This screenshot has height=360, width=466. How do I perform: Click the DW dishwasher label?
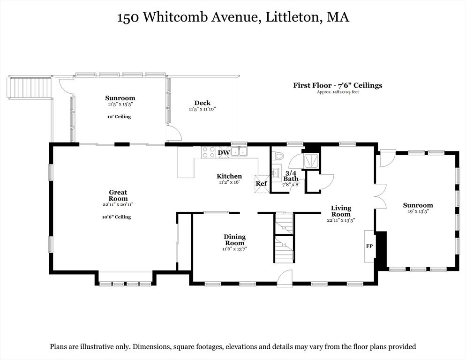click(224, 152)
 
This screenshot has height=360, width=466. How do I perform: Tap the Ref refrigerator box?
click(261, 183)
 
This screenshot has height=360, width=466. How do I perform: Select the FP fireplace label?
click(369, 245)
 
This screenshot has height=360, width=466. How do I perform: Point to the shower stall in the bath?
click(311, 161)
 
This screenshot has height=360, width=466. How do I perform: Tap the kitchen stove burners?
click(208, 152)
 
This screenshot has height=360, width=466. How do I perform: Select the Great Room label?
click(118, 195)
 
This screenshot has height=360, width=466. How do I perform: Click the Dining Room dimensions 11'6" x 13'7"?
click(234, 249)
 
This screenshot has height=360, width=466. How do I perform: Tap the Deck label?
click(202, 103)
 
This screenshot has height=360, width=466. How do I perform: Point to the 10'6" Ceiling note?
click(116, 217)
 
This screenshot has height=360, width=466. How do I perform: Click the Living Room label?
click(341, 211)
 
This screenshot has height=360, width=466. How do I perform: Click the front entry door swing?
click(284, 278)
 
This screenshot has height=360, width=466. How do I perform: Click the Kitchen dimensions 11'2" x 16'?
click(229, 182)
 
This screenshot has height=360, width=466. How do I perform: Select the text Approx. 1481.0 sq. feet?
click(338, 92)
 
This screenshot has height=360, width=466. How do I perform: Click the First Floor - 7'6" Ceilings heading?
click(338, 85)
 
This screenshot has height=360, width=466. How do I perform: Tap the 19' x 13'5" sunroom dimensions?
click(418, 211)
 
